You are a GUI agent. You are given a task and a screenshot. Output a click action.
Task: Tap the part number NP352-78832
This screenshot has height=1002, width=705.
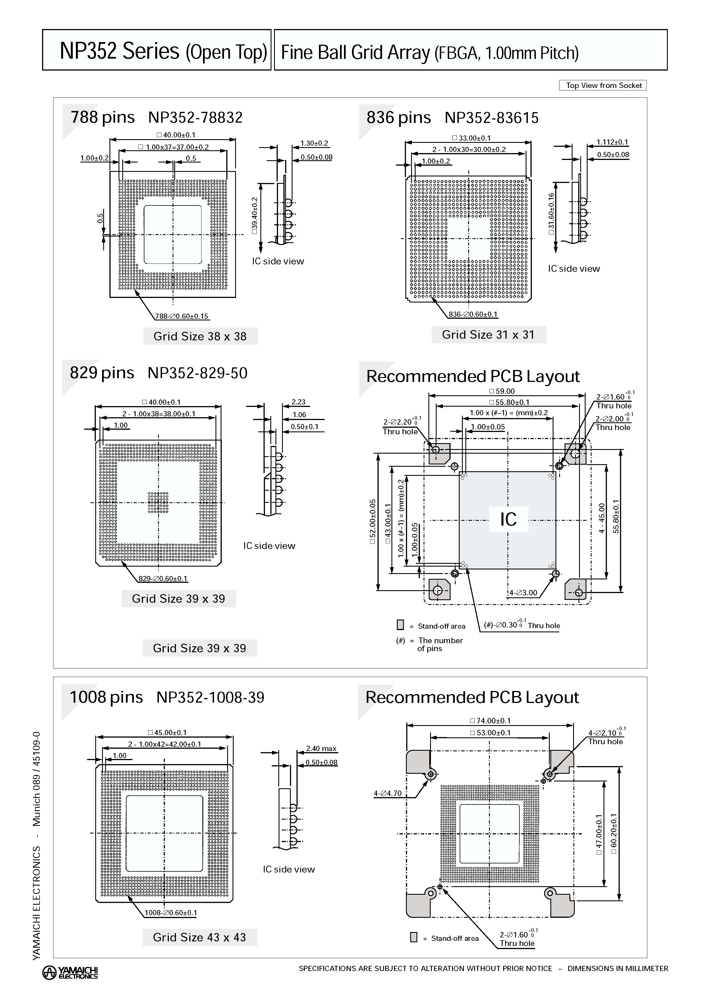pos(195,118)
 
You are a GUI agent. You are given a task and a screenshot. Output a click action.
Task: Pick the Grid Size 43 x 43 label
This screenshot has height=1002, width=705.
pos(199,937)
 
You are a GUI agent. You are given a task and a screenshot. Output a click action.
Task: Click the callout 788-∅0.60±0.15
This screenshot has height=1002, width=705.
pos(182,316)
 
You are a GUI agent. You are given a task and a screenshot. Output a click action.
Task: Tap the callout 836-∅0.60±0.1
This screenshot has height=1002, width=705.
pos(473,314)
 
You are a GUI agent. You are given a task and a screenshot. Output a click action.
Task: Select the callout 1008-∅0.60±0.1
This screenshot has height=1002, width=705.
pos(171,913)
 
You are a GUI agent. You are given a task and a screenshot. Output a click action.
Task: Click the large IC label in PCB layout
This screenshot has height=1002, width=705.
pos(508,519)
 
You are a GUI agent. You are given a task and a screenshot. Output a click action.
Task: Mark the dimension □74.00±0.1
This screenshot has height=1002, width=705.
pos(490,721)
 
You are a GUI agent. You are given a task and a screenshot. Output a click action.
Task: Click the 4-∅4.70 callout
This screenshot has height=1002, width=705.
pos(387,793)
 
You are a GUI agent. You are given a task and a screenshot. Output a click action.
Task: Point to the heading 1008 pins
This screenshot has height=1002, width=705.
pos(106,698)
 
